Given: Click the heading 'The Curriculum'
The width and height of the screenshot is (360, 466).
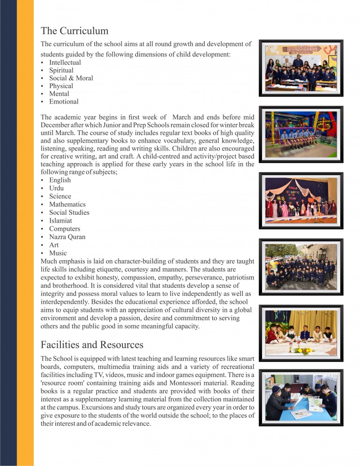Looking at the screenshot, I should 75,31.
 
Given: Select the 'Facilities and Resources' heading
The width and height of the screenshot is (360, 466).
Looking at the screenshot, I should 92,345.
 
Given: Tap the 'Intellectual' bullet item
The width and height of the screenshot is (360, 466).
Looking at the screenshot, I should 65,62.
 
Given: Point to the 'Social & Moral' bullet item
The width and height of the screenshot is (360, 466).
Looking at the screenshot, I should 71,78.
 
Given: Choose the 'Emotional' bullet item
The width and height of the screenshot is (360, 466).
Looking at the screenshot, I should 64,102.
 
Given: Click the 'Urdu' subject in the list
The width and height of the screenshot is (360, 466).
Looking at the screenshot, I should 56,188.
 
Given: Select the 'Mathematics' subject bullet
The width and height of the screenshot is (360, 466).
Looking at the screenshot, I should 67,204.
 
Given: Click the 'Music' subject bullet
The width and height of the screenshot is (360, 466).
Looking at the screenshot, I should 58,253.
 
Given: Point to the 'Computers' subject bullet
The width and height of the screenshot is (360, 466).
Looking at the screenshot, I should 64,229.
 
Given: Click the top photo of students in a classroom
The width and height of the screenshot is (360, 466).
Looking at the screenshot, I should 301,68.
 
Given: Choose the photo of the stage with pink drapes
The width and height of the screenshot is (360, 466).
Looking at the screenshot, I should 301,200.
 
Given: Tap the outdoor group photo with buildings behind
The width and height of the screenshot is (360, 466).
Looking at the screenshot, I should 301,266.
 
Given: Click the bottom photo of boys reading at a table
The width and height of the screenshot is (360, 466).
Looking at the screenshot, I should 301,397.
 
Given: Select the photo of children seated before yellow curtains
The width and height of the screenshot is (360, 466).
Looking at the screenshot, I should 301,332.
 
